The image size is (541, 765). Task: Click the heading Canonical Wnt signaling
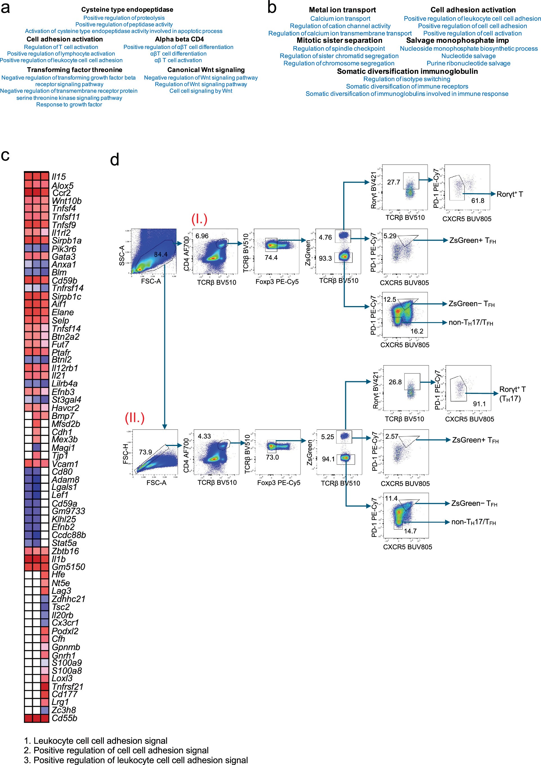206,70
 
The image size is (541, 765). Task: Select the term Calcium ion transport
340,19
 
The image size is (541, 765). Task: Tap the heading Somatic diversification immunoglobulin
407,71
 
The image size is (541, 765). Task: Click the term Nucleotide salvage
468,56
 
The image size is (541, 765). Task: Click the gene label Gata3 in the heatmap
64,257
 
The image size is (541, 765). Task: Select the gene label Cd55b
64,718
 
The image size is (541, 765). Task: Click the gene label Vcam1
65,464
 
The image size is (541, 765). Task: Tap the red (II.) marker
134,418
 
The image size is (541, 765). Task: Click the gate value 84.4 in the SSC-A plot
161,254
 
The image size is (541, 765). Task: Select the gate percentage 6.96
202,236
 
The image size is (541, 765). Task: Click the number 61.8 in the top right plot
477,201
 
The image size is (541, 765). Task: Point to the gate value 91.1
479,404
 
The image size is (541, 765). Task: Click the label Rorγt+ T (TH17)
512,394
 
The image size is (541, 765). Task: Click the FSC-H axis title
125,454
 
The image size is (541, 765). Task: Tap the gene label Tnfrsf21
68,686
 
